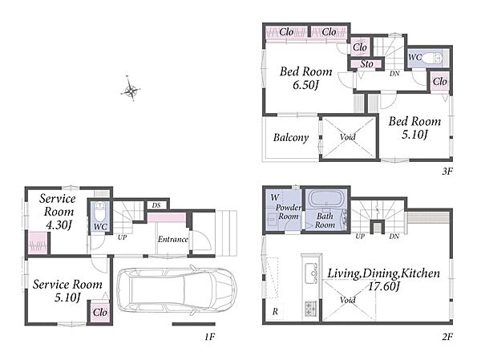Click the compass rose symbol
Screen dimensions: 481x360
pos(131,90)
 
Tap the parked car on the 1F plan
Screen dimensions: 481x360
pos(176,289)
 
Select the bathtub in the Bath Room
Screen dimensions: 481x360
pos(325,199)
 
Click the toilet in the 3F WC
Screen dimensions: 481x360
pos(433,58)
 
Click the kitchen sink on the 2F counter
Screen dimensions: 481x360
pos(311,273)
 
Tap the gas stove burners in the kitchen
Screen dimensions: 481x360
pos(311,308)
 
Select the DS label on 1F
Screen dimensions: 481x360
pos(156,205)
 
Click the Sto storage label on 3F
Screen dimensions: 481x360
pos(366,64)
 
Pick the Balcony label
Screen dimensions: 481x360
pos(291,137)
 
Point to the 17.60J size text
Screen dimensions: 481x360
pos(383,287)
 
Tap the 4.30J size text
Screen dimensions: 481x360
pos(59,225)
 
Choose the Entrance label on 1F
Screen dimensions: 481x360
pos(172,239)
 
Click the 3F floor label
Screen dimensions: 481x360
pos(447,172)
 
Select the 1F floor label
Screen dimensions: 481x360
pos(210,337)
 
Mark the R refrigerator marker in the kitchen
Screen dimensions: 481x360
pos(275,312)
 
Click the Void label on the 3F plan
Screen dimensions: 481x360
pos(348,136)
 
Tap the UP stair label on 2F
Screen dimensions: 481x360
pos(360,237)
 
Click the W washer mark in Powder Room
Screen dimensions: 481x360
pos(274,197)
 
